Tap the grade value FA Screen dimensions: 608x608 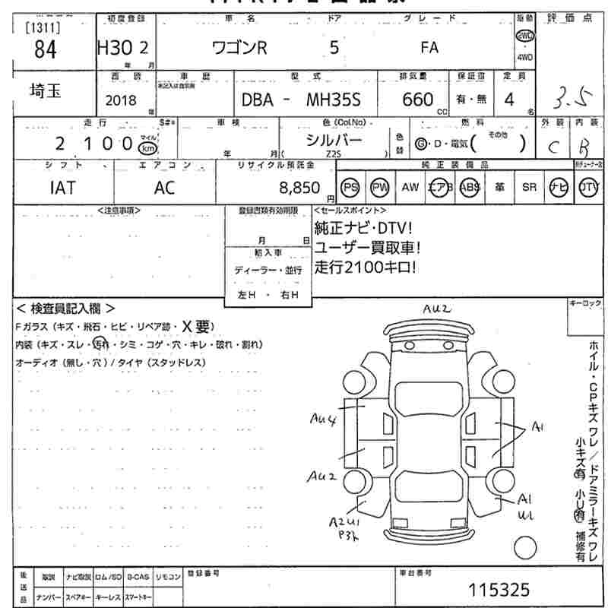point(429,48)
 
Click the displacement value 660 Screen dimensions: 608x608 point(418,100)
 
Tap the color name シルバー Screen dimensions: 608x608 point(334,139)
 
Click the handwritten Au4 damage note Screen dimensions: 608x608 point(324,417)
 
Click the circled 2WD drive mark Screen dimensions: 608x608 point(525,36)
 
